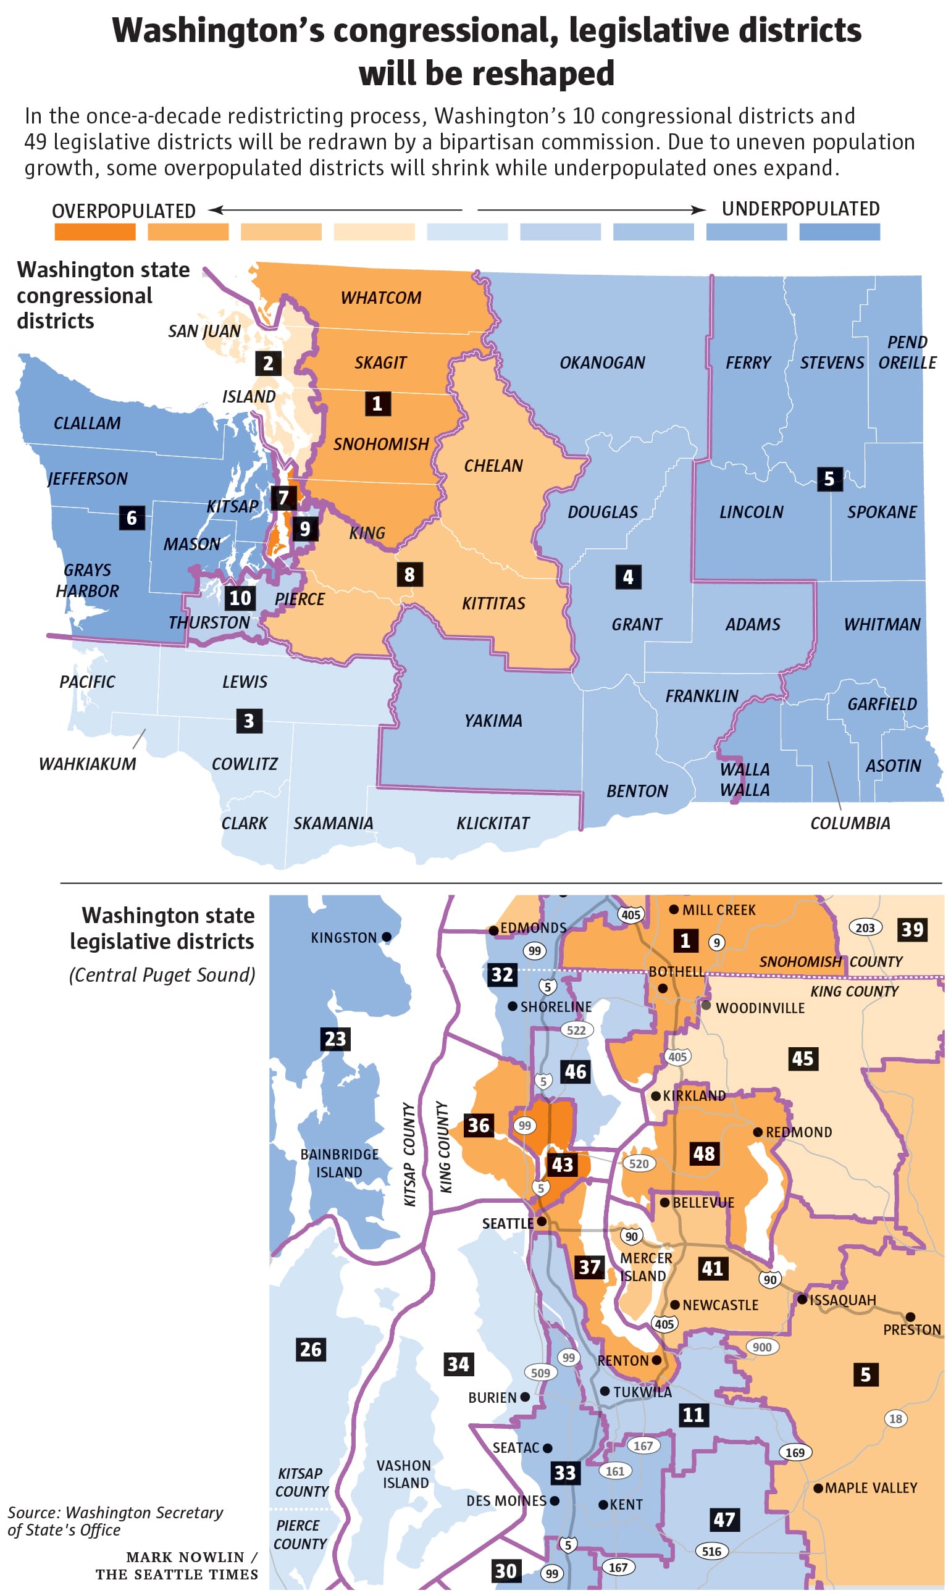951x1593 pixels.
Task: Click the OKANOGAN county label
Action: coord(601,362)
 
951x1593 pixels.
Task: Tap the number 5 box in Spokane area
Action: coord(829,479)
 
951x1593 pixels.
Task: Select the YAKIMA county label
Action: coord(493,721)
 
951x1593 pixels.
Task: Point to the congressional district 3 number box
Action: coord(249,721)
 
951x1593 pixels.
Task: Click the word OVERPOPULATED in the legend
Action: coord(124,211)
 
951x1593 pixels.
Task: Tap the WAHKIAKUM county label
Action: coord(87,764)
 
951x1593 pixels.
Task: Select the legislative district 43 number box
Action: coord(562,1164)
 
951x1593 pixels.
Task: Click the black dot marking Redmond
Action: coord(758,1132)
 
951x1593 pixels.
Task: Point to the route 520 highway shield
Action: coord(639,1164)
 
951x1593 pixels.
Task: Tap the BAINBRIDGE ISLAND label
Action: coord(339,1163)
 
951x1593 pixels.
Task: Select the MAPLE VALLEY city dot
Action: coord(818,1487)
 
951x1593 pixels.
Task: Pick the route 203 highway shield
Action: coord(865,927)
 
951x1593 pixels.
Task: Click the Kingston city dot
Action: coord(387,937)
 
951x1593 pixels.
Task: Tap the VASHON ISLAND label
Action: coord(404,1474)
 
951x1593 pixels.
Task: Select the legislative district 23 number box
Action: coord(335,1039)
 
